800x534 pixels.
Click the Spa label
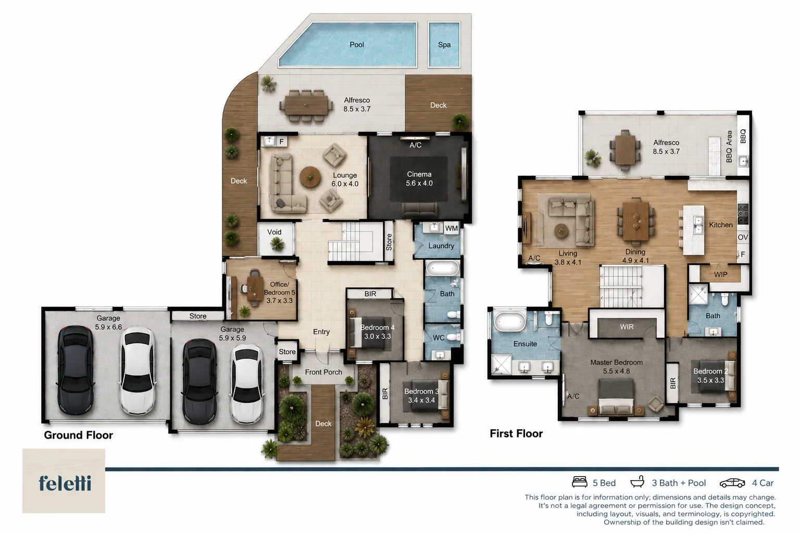click(444, 45)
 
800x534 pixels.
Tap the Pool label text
click(357, 45)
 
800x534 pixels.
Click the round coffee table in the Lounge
click(310, 177)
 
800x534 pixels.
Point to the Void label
click(274, 232)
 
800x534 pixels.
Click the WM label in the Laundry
click(452, 228)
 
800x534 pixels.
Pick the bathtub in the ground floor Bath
click(443, 268)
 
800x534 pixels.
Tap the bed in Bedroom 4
click(371, 332)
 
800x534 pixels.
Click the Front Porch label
click(323, 372)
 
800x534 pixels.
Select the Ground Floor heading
click(79, 435)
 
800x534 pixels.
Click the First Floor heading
click(516, 433)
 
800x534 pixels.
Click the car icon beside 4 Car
click(732, 483)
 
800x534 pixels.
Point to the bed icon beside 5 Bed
click(579, 482)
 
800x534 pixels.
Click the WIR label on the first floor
click(627, 327)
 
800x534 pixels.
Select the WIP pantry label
click(720, 275)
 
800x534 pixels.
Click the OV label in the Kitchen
click(743, 237)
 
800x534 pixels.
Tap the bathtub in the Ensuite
click(510, 321)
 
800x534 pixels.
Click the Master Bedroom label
click(617, 362)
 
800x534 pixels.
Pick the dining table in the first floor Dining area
click(636, 222)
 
